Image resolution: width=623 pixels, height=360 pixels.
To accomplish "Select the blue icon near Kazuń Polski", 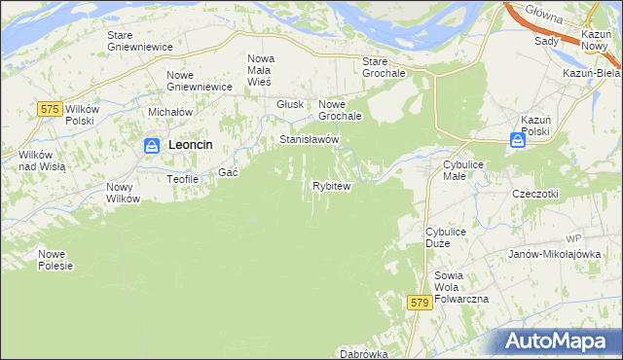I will (x=519, y=140).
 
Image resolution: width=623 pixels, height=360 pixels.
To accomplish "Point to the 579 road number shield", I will (x=420, y=304).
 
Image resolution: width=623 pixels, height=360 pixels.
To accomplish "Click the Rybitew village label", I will (x=331, y=186).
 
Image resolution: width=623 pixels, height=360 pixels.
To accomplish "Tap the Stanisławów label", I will (x=309, y=140).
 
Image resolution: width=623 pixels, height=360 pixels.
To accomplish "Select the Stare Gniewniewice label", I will (x=139, y=41).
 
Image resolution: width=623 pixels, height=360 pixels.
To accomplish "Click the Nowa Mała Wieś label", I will (x=260, y=70).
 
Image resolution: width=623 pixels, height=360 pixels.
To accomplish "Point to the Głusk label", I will (x=290, y=104).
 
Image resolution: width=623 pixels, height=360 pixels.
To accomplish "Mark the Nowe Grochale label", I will (x=341, y=110).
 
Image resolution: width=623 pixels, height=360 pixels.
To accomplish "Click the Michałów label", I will (x=168, y=113).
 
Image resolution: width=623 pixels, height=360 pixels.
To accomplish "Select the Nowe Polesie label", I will (x=55, y=260).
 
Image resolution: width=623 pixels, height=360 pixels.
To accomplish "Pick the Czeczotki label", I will (x=534, y=194).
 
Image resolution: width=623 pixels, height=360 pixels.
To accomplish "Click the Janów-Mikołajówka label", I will (x=551, y=254).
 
